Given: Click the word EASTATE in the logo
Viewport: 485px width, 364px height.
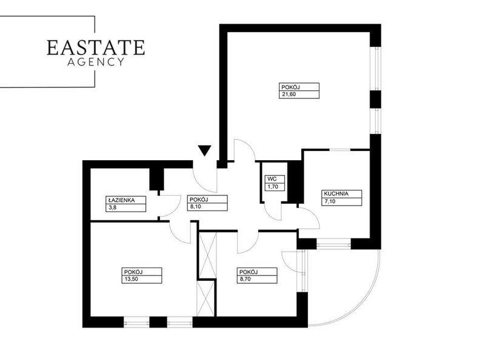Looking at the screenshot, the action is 96,47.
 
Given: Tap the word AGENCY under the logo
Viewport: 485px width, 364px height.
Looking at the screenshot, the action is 96,62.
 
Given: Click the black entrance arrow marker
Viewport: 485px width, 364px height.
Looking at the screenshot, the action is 205,150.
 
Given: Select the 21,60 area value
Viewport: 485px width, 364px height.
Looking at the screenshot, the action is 289,95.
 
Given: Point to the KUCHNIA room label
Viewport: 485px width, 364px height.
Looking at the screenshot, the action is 336,194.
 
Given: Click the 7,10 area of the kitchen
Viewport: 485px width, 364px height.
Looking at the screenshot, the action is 330,201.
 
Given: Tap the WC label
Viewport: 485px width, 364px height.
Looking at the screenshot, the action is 272,179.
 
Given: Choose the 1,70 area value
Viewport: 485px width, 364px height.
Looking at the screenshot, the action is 273,187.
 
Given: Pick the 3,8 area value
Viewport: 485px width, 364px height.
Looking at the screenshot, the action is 112,207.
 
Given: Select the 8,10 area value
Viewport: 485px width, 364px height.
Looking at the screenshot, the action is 195,206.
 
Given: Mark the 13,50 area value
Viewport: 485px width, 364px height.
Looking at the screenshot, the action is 131,279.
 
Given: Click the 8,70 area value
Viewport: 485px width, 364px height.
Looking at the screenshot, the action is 246,279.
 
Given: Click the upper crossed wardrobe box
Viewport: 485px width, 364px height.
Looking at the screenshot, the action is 207,255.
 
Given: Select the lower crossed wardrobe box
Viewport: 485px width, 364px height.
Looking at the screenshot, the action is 206,298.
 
